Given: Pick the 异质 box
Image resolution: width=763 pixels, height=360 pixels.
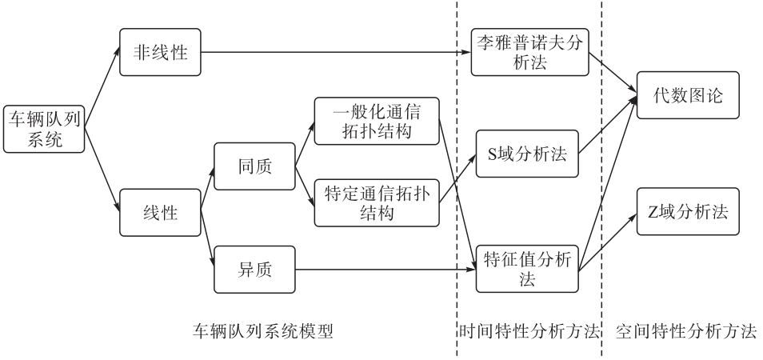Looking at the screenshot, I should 254,270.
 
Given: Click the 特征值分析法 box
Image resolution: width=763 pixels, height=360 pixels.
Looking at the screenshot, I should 527,270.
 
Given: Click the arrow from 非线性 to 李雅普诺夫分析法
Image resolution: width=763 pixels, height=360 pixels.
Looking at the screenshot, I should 336,54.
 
